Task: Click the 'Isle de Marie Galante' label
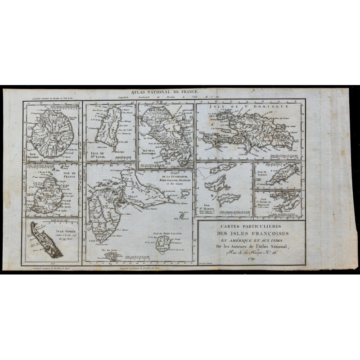(x=166, y=234)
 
